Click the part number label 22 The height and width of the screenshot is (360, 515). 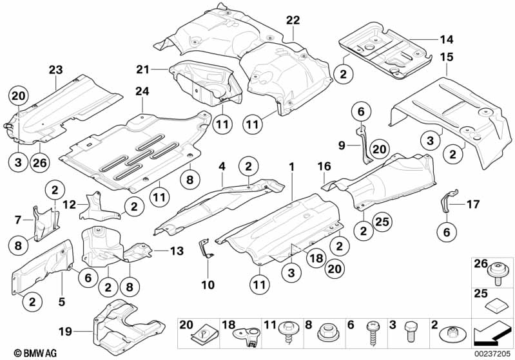click(293, 21)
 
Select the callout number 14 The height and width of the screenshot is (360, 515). click(447, 39)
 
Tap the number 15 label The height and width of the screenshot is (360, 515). click(447, 57)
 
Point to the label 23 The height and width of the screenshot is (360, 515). click(55, 70)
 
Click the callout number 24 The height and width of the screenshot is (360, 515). click(142, 91)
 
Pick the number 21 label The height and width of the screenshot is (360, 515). click(142, 70)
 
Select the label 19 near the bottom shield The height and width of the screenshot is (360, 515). click(65, 332)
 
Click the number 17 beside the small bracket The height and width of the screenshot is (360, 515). click(473, 204)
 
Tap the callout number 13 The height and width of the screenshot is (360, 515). click(177, 251)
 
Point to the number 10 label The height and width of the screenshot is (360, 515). click(208, 285)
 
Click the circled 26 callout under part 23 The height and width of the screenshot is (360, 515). click(40, 162)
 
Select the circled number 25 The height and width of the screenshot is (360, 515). click(382, 222)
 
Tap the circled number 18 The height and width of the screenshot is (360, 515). click(316, 258)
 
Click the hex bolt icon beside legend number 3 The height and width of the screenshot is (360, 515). click(411, 332)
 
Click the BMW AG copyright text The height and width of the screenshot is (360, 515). click(35, 353)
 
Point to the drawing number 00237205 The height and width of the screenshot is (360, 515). click(492, 354)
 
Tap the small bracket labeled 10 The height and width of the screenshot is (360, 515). click(206, 249)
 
